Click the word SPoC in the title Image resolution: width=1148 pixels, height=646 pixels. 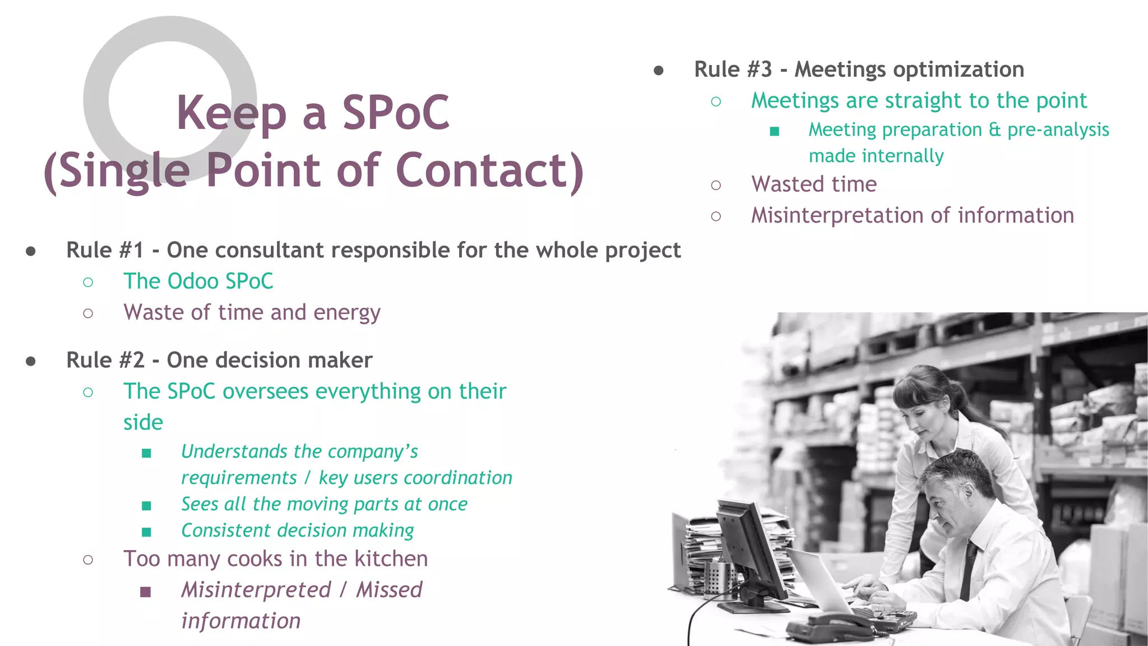(x=396, y=113)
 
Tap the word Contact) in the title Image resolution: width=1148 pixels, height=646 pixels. (x=489, y=170)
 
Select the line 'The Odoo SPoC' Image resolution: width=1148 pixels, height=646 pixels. (x=198, y=281)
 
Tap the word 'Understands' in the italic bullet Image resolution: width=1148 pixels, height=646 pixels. (x=235, y=451)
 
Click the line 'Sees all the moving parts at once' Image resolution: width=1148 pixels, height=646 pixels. (x=324, y=504)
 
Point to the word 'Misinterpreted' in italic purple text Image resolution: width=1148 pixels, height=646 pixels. (x=256, y=590)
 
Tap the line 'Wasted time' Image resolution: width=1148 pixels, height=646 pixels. (x=814, y=184)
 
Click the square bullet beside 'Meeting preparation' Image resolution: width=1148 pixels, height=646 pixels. (x=775, y=131)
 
